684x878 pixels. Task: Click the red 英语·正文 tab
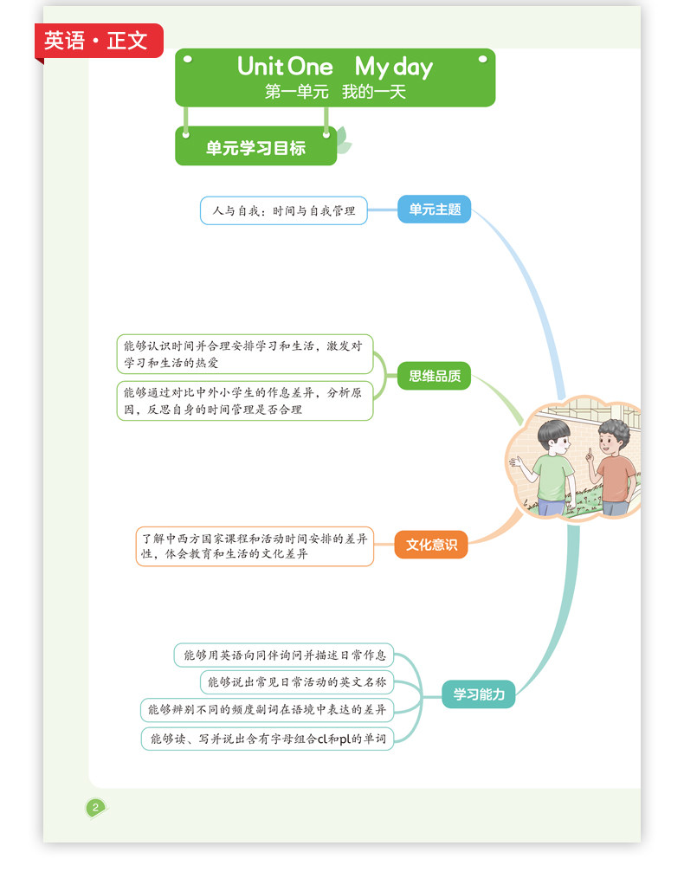tap(97, 41)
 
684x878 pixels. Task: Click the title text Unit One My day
tap(334, 67)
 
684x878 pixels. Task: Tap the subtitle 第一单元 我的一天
tap(334, 92)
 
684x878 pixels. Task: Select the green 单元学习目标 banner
tap(255, 148)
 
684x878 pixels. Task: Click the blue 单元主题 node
tap(435, 210)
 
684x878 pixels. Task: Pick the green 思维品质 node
tap(435, 376)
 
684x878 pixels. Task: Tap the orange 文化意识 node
tap(431, 545)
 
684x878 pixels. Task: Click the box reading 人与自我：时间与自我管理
tap(284, 210)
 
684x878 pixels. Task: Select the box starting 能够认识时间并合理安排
tap(245, 354)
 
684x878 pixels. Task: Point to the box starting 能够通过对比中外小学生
tap(245, 401)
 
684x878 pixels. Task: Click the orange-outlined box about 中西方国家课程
tap(255, 546)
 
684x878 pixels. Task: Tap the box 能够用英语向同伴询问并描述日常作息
tap(284, 655)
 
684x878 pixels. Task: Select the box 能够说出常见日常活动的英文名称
tap(297, 682)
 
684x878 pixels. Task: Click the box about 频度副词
tap(267, 710)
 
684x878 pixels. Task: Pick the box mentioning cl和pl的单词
tap(267, 739)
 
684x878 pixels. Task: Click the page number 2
tap(95, 808)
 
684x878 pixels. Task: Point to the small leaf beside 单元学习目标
tap(344, 143)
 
